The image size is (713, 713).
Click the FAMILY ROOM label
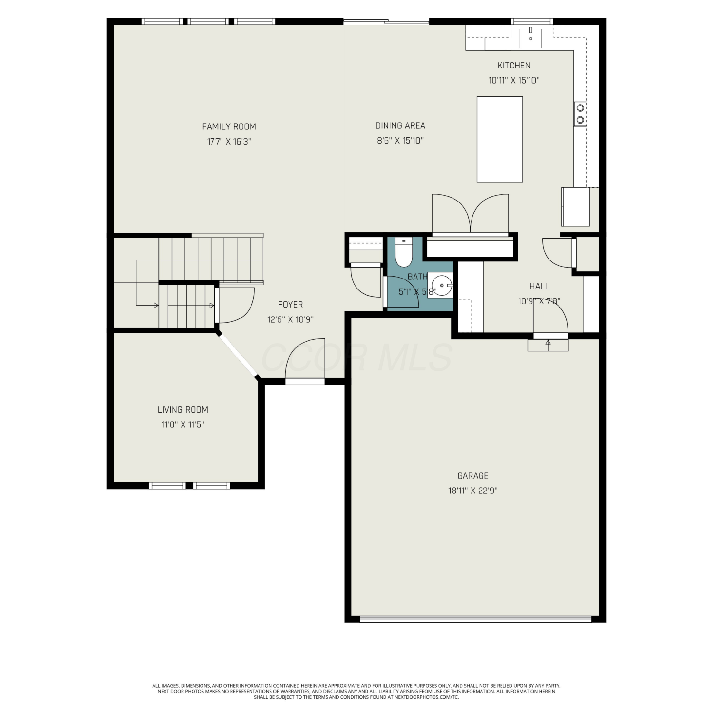pos(229,126)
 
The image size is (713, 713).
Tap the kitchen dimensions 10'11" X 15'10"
pos(514,80)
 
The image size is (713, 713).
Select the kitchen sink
pos(530,38)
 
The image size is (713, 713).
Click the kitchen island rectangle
pos(500,139)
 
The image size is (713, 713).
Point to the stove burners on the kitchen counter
pos(580,114)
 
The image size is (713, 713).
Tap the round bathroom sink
pos(440,285)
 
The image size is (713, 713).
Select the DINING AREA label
pos(400,125)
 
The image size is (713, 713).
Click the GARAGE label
pos(473,476)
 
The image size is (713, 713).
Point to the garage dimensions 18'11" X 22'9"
pos(473,491)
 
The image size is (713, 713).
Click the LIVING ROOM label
pos(183,410)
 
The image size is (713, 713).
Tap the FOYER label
pos(290,305)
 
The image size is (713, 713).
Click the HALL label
pos(540,286)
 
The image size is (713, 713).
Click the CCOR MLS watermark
pos(356,358)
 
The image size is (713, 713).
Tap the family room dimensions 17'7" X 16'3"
pos(229,141)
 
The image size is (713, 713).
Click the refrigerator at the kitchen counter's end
pos(576,207)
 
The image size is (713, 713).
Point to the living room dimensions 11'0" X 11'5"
pos(183,424)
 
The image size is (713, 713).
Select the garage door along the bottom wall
pos(475,619)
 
